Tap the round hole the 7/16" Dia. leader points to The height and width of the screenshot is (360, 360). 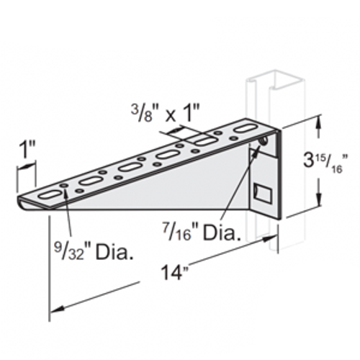[264, 142]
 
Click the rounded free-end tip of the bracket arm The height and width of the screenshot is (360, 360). [20, 202]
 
